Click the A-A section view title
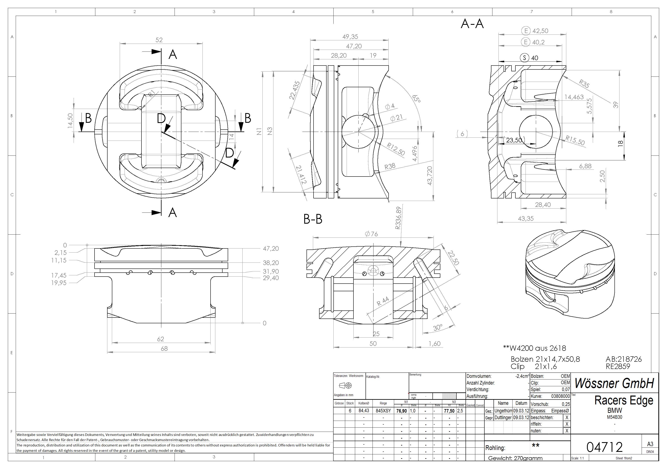[472, 24]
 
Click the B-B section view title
[313, 220]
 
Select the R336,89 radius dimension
[398, 218]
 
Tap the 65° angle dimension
[416, 98]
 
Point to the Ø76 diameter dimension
[371, 234]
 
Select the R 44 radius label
[383, 301]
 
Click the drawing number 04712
[605, 447]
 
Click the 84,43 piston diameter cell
[364, 411]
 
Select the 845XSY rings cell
[383, 411]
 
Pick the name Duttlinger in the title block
[503, 417]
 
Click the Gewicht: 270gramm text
[515, 458]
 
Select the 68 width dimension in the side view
[164, 348]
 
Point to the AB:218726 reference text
[623, 359]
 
